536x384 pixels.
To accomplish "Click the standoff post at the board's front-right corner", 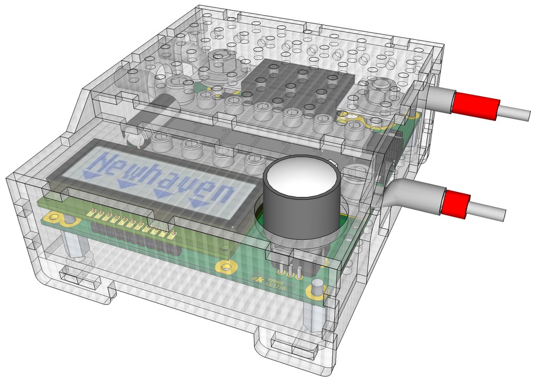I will coord(316,309).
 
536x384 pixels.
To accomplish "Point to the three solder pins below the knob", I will coord(289,270).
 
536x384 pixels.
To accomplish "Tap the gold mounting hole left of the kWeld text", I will coord(226,267).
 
